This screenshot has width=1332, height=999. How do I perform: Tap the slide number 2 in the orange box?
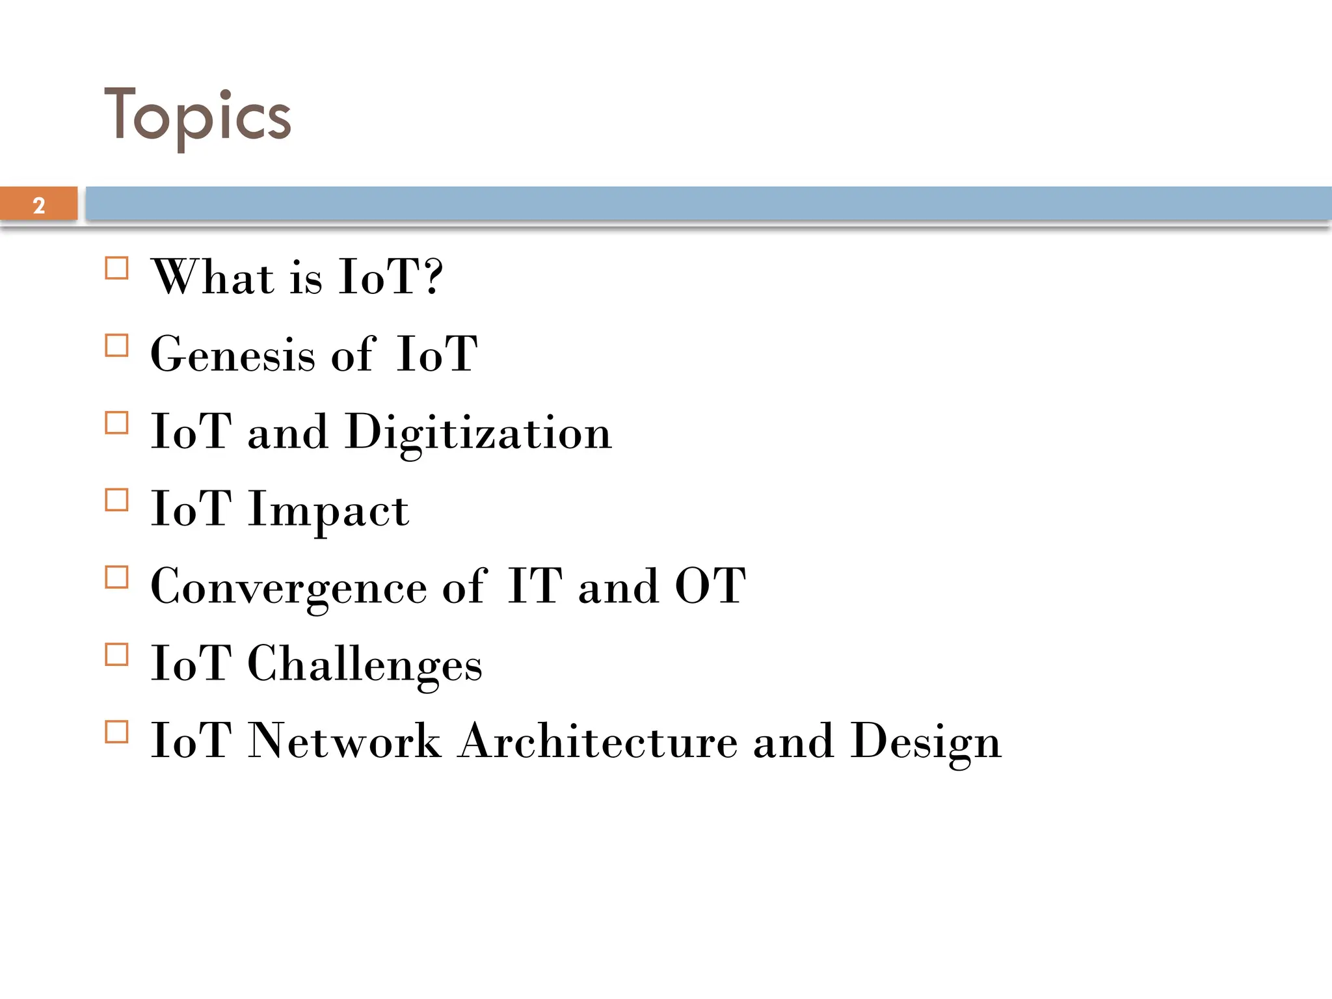tap(39, 206)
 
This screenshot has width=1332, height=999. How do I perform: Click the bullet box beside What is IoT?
tap(116, 268)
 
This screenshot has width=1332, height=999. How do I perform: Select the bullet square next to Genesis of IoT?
tap(116, 345)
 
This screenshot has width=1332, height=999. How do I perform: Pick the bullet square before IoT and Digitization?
tap(116, 423)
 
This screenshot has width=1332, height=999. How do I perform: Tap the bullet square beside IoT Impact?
tap(116, 500)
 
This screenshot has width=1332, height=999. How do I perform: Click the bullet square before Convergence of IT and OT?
tap(116, 578)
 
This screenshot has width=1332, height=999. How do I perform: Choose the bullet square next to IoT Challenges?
tap(116, 655)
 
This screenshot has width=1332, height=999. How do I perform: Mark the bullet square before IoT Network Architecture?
tap(116, 732)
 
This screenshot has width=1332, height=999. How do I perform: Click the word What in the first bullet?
tap(213, 277)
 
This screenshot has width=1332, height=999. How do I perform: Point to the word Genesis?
tap(233, 354)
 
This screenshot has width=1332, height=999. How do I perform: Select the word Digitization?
tap(479, 433)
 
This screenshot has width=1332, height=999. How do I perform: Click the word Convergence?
tap(289, 587)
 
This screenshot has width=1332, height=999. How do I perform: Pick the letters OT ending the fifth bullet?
tap(710, 586)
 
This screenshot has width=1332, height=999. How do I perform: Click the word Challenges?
tap(365, 665)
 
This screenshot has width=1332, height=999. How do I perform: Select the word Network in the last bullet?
tap(345, 741)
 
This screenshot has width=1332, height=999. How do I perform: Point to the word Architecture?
tap(598, 741)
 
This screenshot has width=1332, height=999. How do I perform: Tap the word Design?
tap(926, 742)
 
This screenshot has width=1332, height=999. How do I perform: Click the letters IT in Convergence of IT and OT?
tap(535, 586)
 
